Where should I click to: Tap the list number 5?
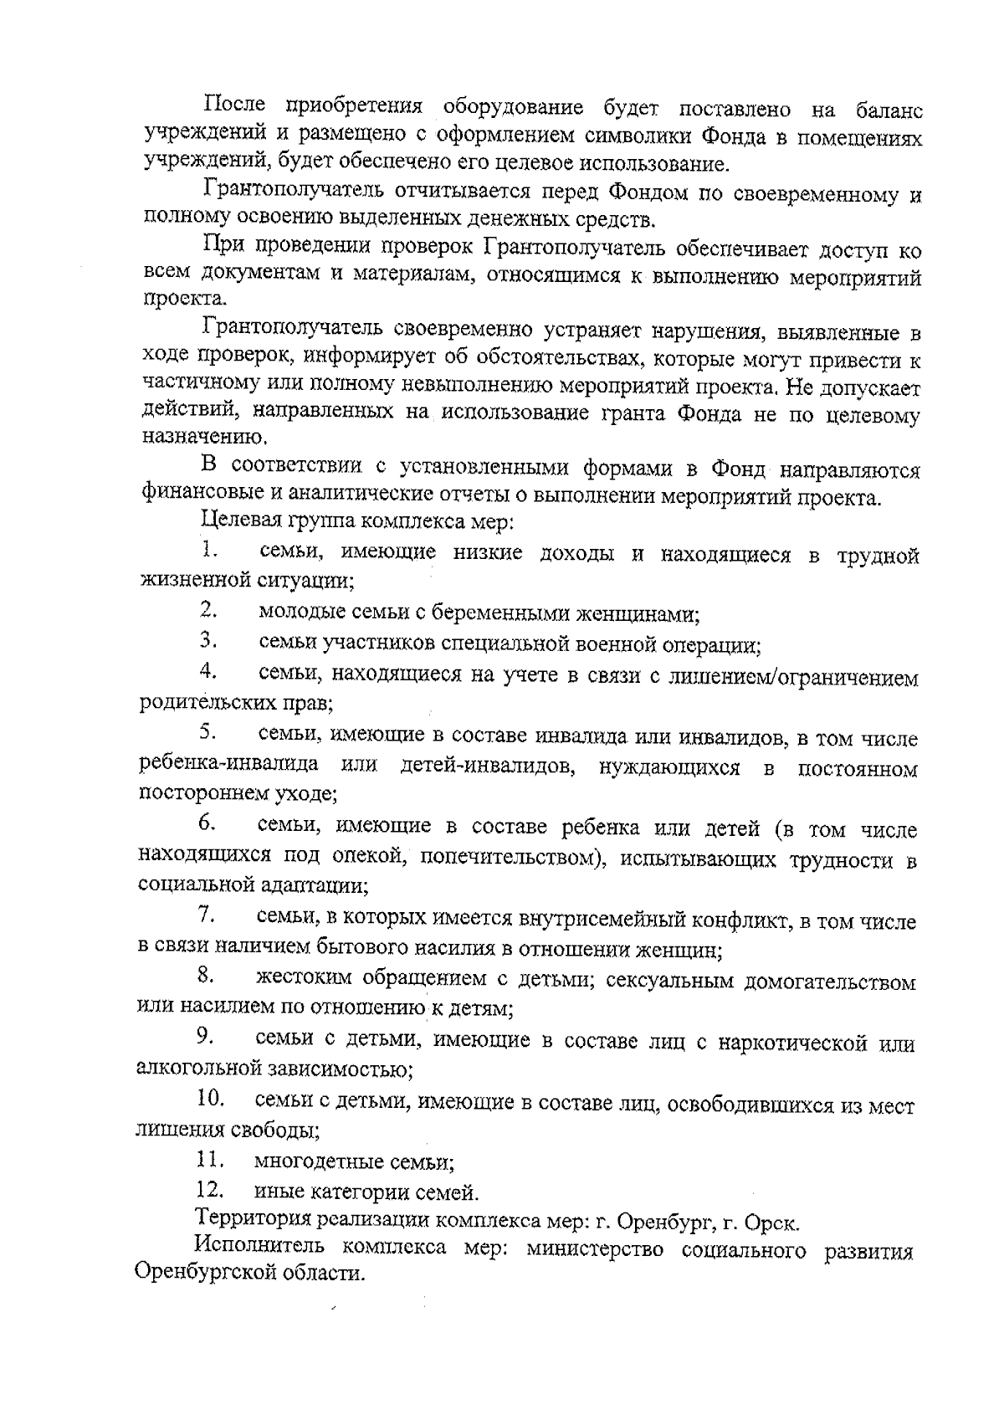[208, 732]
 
